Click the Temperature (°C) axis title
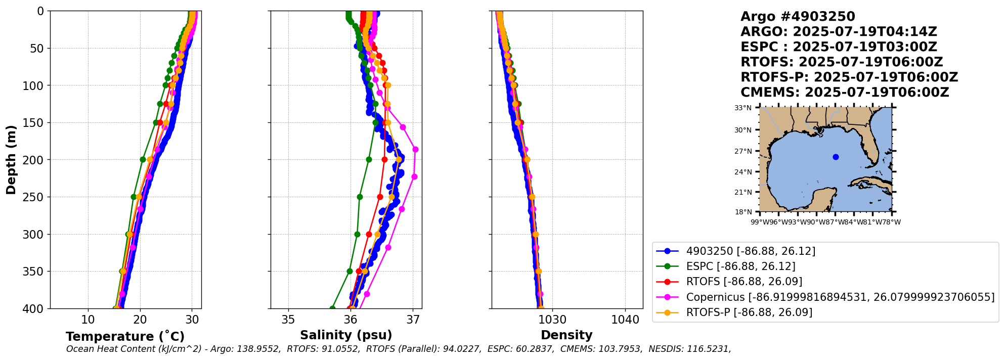(125, 337)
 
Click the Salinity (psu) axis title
(346, 335)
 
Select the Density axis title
(566, 335)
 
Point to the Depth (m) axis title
(11, 160)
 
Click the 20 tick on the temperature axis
(140, 320)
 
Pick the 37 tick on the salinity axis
(413, 320)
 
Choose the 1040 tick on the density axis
(625, 320)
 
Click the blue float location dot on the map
(836, 157)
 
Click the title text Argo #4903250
(798, 17)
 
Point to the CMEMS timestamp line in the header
(845, 93)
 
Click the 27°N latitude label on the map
(743, 151)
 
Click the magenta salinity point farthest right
(415, 150)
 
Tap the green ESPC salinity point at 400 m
(332, 308)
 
